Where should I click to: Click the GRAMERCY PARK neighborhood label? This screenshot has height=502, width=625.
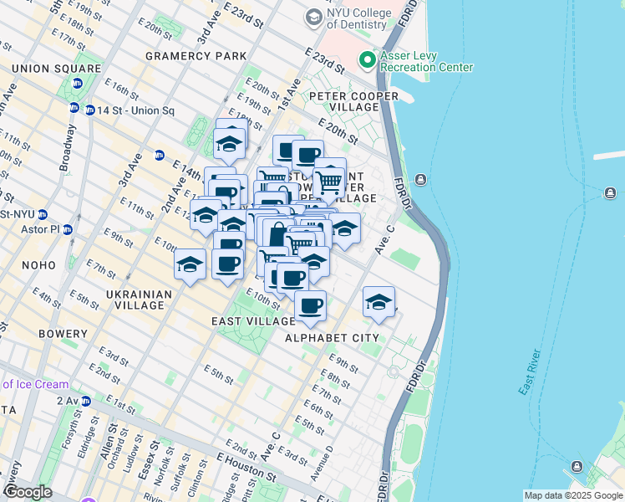196,56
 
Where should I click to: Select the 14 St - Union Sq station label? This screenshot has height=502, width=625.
135,110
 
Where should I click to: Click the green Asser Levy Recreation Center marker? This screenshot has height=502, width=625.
366,60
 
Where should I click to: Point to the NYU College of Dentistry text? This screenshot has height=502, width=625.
362,23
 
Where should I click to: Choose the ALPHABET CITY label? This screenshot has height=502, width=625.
332,338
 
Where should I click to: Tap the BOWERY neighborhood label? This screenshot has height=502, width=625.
63,334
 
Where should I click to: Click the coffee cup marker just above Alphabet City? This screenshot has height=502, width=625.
310,306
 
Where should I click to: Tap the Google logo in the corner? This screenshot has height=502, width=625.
28,492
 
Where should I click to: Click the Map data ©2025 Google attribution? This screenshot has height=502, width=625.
573,495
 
